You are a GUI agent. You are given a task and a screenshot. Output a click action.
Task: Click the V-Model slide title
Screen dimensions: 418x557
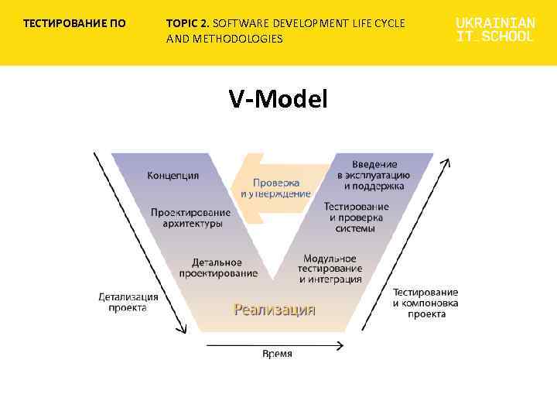tap(278, 98)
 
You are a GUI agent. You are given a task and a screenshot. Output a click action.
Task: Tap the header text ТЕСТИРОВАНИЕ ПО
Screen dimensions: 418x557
tap(74, 23)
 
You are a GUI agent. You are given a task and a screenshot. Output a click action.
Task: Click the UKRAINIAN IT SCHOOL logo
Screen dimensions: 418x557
tap(495, 29)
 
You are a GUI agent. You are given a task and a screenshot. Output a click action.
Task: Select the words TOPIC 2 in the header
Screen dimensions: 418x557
tap(186, 23)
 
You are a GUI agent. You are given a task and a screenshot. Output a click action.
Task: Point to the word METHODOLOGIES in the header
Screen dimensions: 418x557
tap(238, 38)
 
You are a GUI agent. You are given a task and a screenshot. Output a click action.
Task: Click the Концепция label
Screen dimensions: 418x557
tap(173, 176)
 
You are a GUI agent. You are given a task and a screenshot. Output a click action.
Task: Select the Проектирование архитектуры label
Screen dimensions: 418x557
tap(190, 218)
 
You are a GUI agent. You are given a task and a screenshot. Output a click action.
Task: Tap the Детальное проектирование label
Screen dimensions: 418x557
tap(218, 268)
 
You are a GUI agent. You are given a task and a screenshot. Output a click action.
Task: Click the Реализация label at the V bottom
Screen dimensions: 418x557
tap(275, 310)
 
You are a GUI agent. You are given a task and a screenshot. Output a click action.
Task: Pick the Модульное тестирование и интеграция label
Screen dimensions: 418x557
tap(330, 269)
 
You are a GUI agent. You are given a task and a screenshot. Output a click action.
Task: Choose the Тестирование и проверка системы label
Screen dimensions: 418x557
tap(356, 218)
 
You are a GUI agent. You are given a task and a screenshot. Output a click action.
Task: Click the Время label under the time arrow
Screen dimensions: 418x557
tap(277, 354)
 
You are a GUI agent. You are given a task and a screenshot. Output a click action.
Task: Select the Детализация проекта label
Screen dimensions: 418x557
tap(128, 302)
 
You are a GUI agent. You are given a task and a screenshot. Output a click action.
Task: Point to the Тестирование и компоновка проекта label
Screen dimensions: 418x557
tap(425, 303)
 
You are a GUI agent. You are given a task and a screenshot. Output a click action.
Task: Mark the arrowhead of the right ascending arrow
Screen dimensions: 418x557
tap(446, 163)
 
